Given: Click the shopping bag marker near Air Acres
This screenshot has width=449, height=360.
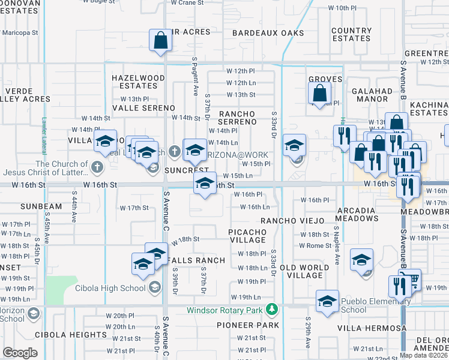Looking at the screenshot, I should pos(161,41).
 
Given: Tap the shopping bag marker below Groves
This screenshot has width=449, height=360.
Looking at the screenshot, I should pos(320,92).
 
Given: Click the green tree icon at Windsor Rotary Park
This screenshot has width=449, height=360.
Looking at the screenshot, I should pos(272,310).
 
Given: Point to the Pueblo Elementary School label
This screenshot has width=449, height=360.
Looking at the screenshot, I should pos(370,305).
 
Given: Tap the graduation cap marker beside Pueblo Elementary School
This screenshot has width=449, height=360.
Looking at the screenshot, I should pos(327,301).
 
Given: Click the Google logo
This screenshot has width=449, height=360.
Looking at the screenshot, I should pos(20,353).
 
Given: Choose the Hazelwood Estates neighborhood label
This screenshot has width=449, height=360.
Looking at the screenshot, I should pos(138,82).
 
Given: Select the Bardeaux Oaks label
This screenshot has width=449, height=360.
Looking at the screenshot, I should pos(268,33).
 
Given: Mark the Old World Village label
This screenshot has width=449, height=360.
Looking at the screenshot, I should pos(305,271).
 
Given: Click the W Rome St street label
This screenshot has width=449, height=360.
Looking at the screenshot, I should pos(315,245).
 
